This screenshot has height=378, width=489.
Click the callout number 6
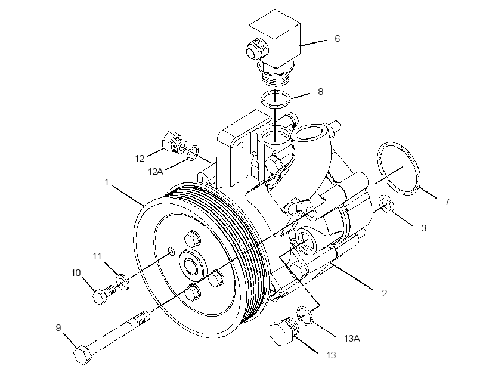pyautogui.click(x=337, y=38)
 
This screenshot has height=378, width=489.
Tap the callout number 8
pyautogui.click(x=321, y=91)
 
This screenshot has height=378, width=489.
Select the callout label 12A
pyautogui.click(x=156, y=171)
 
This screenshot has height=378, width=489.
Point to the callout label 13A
pyautogui.click(x=352, y=338)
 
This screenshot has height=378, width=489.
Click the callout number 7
pyautogui.click(x=447, y=202)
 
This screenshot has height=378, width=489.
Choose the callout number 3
pyautogui.click(x=424, y=228)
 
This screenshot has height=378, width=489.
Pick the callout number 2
pyautogui.click(x=384, y=293)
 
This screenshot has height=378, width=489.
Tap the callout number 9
pyautogui.click(x=58, y=327)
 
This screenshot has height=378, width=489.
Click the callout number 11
pyautogui.click(x=97, y=256)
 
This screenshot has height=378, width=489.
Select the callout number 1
pyautogui.click(x=106, y=182)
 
